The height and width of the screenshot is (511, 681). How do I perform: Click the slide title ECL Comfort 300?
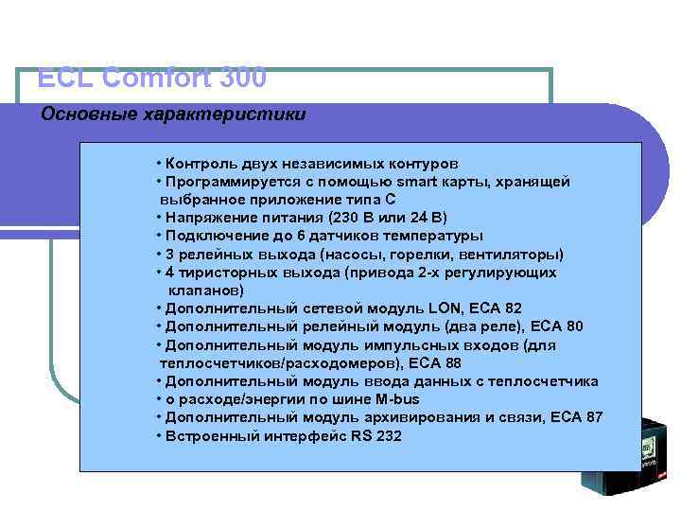point(152,77)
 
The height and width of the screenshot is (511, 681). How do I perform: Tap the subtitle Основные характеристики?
point(173,115)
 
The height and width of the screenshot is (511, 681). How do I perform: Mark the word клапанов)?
point(205,291)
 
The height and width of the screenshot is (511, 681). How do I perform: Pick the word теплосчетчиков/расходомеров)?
point(279,363)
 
